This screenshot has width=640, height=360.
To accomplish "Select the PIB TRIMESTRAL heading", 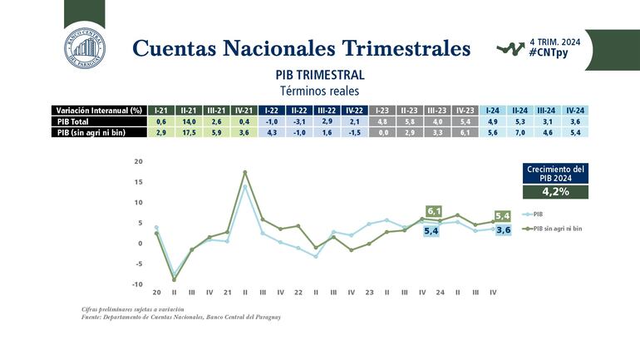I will click(x=319, y=74).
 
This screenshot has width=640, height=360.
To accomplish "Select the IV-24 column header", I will click(x=574, y=110).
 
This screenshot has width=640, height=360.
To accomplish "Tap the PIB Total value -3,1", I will click(x=301, y=121).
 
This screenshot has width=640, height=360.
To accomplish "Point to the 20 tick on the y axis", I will click(x=138, y=161).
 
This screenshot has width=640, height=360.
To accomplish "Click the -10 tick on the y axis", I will click(x=137, y=284).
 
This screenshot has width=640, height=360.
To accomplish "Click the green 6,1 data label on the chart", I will click(x=433, y=211).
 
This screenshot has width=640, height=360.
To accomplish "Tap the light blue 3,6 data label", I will click(x=503, y=229).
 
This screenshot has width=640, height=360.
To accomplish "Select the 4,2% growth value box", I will click(x=556, y=191).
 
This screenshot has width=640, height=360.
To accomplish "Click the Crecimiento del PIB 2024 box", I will click(x=556, y=173).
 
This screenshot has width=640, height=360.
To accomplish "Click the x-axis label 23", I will click(x=368, y=292).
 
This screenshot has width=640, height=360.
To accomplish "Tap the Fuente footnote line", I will click(x=176, y=317).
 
